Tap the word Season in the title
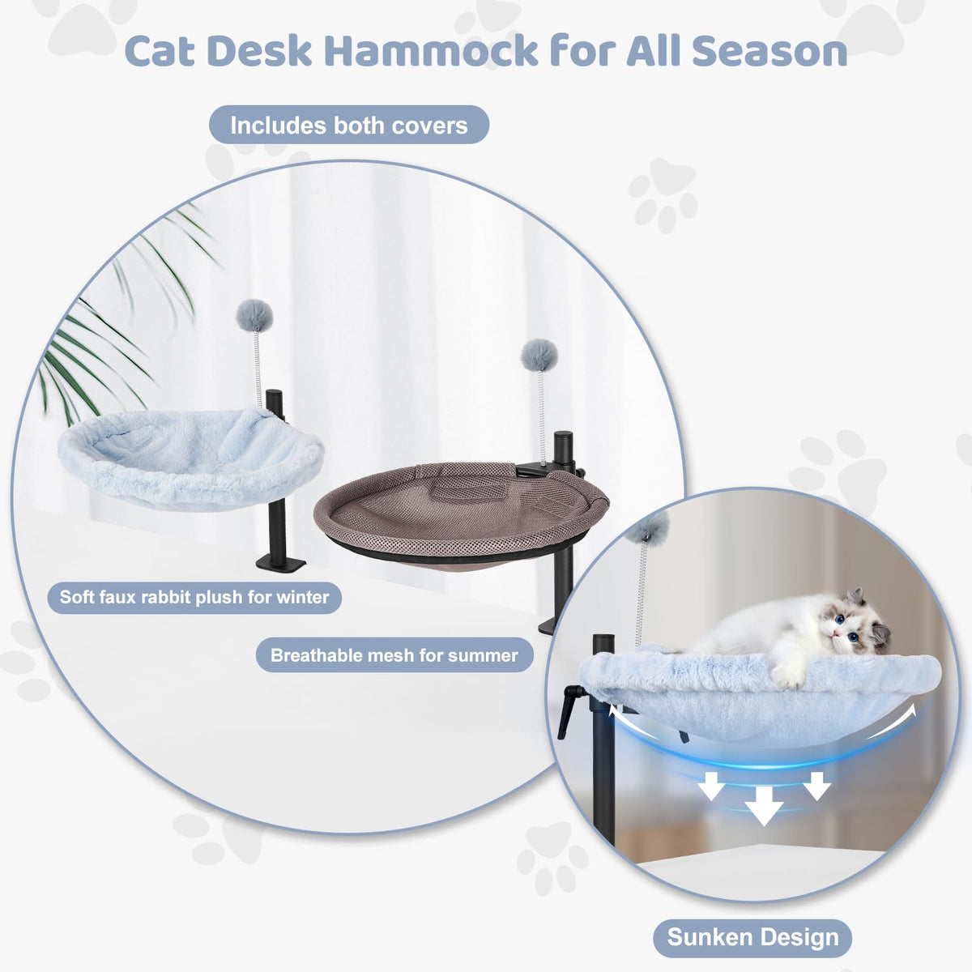point(769,51)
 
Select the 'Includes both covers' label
point(349,125)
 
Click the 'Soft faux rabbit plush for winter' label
point(194,597)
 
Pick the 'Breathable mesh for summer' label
point(394,655)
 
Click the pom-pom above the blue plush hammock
point(254,316)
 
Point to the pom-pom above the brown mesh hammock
point(539,356)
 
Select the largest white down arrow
point(764,805)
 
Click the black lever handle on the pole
point(568,711)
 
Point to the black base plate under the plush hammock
point(280,563)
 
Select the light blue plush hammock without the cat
point(190,458)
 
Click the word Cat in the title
point(160,51)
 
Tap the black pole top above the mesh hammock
point(563,436)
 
